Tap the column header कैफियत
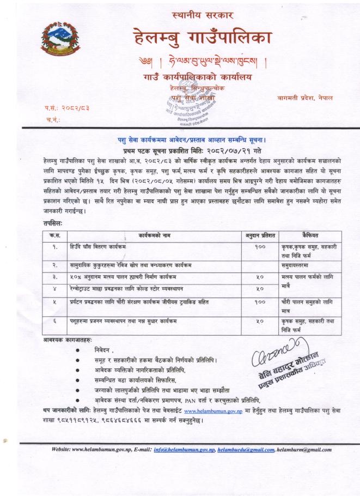(310, 235)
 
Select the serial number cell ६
(55, 322)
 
